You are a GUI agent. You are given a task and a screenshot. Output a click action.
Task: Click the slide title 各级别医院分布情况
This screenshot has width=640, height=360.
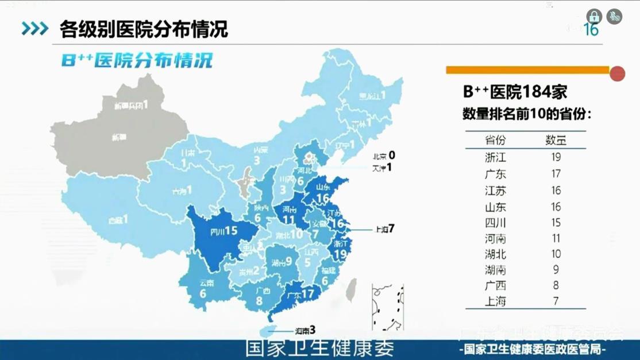[144, 29]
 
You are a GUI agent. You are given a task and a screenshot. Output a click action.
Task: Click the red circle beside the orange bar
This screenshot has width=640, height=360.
[617, 73]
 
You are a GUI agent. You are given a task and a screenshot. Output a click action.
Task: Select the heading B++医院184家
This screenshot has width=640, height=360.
[515, 92]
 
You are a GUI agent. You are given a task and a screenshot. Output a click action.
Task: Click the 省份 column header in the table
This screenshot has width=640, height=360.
[495, 140]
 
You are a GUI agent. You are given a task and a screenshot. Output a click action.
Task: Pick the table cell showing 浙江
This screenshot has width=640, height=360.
[495, 157]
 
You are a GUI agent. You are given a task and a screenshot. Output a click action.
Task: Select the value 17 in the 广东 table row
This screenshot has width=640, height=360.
[555, 173]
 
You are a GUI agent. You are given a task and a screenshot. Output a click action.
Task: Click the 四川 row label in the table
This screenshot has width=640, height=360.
[495, 223]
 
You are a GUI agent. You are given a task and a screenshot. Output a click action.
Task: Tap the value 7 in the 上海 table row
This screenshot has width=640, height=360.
[555, 301]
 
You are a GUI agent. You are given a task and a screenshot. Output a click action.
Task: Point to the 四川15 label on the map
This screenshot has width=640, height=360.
[223, 231]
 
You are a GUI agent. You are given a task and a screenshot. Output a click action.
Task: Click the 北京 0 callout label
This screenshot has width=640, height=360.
[384, 156]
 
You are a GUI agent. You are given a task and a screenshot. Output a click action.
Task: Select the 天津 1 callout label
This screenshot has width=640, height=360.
[382, 168]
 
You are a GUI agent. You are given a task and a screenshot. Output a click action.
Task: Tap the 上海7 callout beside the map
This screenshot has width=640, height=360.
[384, 229]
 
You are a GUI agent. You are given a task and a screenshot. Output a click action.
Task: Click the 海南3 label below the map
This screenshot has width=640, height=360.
[305, 331]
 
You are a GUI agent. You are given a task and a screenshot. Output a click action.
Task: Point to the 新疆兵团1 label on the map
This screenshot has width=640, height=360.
[131, 105]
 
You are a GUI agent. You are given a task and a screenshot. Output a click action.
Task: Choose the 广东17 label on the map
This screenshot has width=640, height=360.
[301, 295]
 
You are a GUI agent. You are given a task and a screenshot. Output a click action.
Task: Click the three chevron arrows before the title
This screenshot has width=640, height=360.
[34, 29]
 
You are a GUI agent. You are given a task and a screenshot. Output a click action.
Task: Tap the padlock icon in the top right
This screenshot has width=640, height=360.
[593, 16]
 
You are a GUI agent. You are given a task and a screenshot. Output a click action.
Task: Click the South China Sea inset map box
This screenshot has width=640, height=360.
[388, 307]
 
